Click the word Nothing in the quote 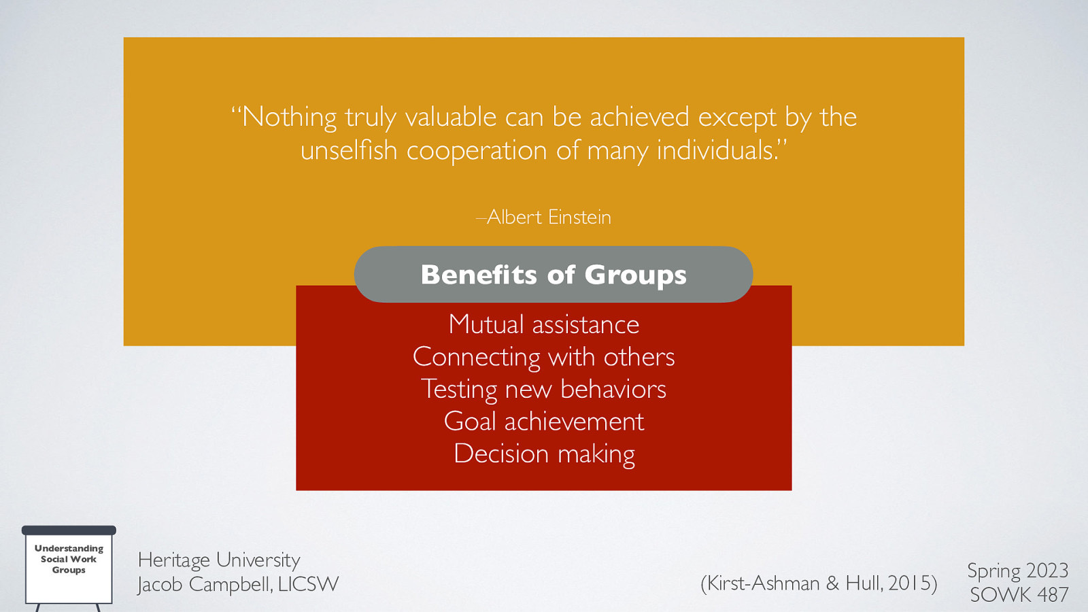[x=289, y=117]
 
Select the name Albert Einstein [x=549, y=217]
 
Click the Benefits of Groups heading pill [x=553, y=275]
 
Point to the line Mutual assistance [x=544, y=324]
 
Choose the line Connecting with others [x=544, y=357]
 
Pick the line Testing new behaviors [x=544, y=389]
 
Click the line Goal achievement [x=544, y=422]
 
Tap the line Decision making [x=544, y=454]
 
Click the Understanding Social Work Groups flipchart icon [x=69, y=564]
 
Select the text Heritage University [x=218, y=560]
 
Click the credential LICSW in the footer [x=308, y=584]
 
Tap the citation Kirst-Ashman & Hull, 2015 [x=819, y=583]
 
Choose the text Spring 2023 [x=1017, y=571]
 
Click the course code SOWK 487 [x=1019, y=595]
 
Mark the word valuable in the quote [x=451, y=117]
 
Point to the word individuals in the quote [x=716, y=150]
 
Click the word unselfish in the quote [x=349, y=150]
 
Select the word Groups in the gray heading [x=635, y=275]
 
